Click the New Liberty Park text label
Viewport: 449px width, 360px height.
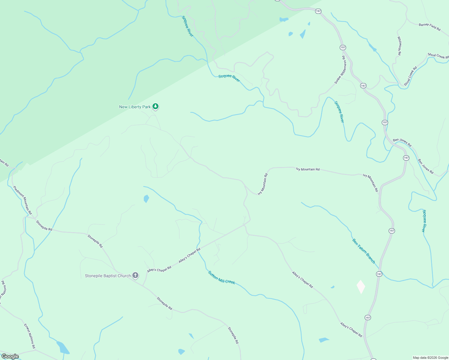coord(135,107)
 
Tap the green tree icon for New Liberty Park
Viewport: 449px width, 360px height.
coord(155,106)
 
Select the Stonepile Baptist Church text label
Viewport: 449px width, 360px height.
coord(108,276)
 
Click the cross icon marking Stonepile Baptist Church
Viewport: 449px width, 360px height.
coord(135,275)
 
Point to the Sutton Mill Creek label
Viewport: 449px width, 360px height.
coord(221,277)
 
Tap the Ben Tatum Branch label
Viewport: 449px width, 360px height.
coord(364,251)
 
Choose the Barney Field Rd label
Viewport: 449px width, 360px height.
coord(429,27)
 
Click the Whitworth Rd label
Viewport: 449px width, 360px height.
coord(399,46)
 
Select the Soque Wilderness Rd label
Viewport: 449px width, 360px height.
coord(340,70)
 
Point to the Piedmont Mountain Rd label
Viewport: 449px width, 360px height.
coord(22,200)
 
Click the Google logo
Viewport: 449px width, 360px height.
coord(10,356)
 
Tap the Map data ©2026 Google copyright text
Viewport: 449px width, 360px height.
coord(430,358)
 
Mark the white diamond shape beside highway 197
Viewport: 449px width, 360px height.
coord(361,287)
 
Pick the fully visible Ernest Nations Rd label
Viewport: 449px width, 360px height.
coord(30,336)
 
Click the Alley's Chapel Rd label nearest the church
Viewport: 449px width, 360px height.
coord(159,269)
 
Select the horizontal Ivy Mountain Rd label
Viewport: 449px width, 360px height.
coord(308,169)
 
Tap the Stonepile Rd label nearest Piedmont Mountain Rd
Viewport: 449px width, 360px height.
coord(44,226)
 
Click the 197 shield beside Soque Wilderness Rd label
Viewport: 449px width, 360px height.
coord(343,47)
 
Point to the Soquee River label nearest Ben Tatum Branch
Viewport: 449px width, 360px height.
coord(424,221)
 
